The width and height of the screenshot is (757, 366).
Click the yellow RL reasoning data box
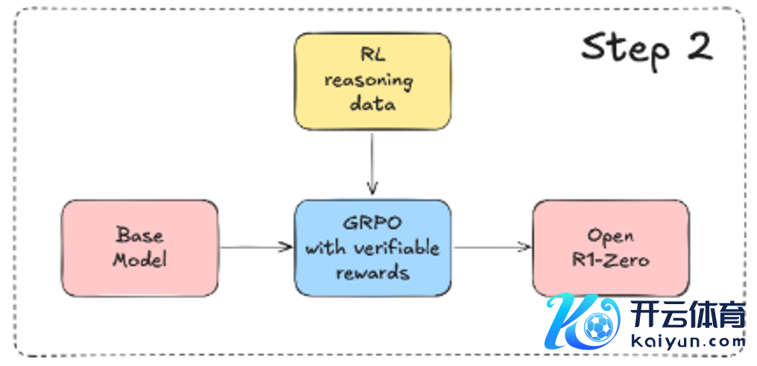372,81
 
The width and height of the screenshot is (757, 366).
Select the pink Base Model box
140,247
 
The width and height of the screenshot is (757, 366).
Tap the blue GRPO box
372,247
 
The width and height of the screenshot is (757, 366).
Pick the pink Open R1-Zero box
609,247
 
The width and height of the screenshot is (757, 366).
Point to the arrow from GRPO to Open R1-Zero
493,247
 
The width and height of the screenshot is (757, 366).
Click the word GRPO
372,224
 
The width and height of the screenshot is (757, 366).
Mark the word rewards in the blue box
372,272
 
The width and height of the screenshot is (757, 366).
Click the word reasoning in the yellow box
372,81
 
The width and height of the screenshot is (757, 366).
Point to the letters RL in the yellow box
372,56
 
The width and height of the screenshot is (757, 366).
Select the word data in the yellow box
372,104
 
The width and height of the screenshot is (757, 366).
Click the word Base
140,235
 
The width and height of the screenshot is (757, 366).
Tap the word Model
140,259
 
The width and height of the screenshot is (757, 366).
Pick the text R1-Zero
609,260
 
